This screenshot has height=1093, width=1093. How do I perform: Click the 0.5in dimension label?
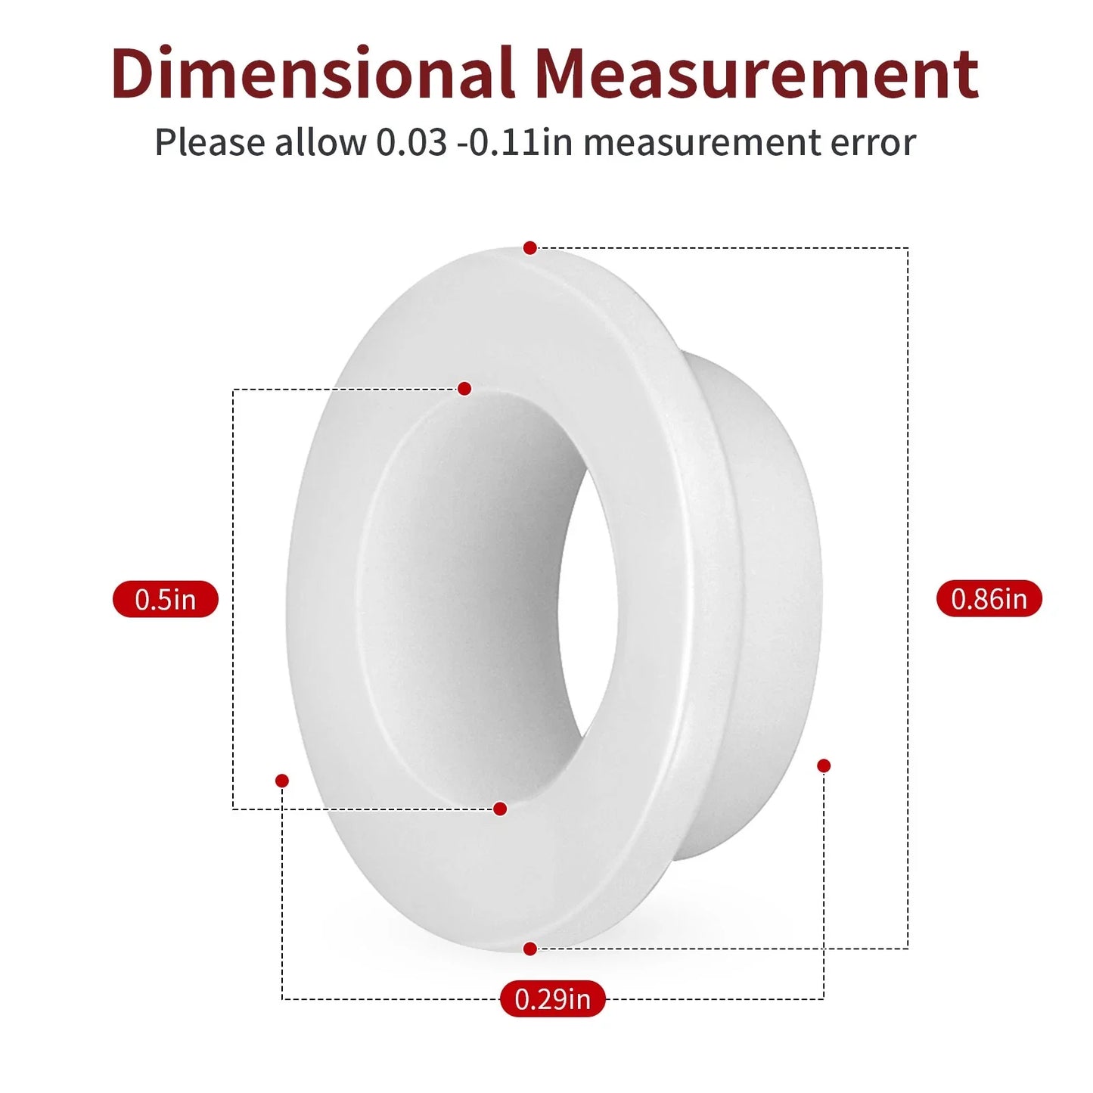tap(165, 599)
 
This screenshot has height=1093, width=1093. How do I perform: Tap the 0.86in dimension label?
tap(989, 598)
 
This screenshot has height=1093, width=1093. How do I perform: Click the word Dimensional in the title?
tap(312, 73)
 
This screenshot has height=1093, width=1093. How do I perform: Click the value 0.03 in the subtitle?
tap(411, 142)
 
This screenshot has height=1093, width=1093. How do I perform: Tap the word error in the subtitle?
tap(873, 144)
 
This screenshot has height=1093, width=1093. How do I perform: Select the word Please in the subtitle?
tap(210, 142)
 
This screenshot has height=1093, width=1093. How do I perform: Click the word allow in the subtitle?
tap(321, 141)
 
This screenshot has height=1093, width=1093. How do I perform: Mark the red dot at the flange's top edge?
tap(529, 248)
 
